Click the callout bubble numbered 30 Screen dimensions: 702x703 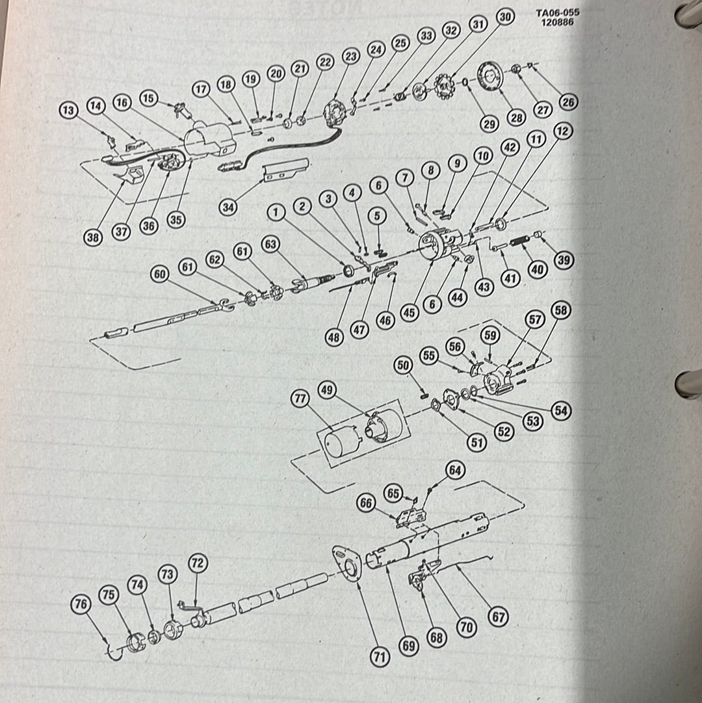pyautogui.click(x=505, y=17)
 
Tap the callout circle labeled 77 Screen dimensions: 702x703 pyautogui.click(x=300, y=399)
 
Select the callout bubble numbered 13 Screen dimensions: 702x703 pyautogui.click(x=68, y=111)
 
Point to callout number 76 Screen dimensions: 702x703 pyautogui.click(x=81, y=604)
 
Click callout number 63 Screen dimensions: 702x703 pyautogui.click(x=270, y=245)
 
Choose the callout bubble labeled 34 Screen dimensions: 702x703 pyautogui.click(x=228, y=207)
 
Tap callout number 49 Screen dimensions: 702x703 pyautogui.click(x=327, y=390)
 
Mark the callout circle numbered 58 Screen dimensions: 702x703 pyautogui.click(x=561, y=310)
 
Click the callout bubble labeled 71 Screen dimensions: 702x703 pyautogui.click(x=380, y=657)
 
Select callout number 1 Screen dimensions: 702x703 pyautogui.click(x=276, y=212)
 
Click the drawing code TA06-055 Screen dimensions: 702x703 pyautogui.click(x=557, y=12)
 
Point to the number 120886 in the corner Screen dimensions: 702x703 pyautogui.click(x=557, y=21)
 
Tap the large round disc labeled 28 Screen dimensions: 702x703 pyautogui.click(x=490, y=76)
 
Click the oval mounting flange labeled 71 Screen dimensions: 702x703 pyautogui.click(x=346, y=563)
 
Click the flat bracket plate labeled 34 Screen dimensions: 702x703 pyautogui.click(x=285, y=170)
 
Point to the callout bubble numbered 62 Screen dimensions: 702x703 pyautogui.click(x=215, y=260)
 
